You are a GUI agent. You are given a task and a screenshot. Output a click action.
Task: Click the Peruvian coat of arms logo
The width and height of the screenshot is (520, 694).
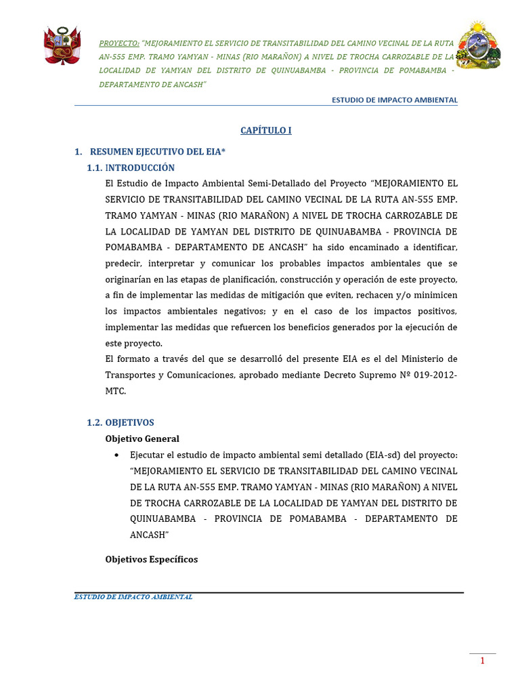tap(62, 45)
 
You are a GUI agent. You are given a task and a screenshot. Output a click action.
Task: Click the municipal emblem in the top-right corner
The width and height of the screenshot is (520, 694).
tap(478, 45)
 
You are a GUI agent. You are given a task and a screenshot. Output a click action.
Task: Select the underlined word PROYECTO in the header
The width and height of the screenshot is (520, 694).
tap(118, 41)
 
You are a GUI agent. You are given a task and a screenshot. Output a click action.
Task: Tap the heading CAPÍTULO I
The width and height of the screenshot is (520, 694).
tap(267, 131)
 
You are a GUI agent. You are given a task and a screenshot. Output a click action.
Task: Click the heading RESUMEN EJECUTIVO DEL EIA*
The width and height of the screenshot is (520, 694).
tap(157, 152)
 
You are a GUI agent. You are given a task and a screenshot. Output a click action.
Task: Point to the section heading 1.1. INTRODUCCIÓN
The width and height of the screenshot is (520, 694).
tap(131, 168)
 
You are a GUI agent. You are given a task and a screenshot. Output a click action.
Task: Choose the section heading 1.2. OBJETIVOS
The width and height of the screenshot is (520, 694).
tap(121, 422)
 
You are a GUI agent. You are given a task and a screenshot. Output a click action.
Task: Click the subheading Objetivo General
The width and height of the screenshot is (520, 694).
tap(142, 438)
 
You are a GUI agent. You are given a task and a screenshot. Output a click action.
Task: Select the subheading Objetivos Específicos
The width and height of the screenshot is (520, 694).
tap(152, 559)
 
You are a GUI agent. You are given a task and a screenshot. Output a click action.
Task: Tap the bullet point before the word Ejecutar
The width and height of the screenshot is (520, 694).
tap(118, 455)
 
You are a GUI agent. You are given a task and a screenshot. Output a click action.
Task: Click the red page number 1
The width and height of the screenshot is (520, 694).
tap(483, 661)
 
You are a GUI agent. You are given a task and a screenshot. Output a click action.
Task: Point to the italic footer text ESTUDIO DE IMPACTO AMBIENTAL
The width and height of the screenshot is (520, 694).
tap(133, 597)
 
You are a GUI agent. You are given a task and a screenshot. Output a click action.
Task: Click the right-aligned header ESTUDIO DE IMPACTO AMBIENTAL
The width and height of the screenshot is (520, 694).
tap(394, 100)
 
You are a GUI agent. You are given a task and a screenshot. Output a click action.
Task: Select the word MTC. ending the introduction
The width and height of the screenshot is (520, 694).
tap(116, 391)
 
